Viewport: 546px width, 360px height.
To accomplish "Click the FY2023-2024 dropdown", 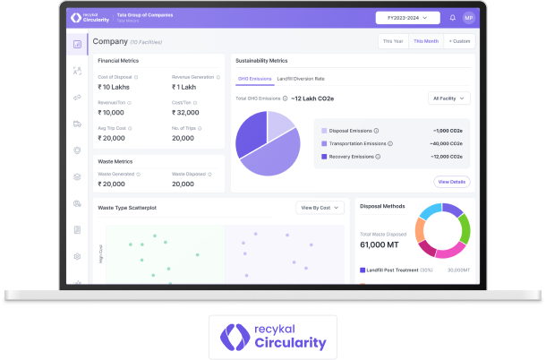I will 408,17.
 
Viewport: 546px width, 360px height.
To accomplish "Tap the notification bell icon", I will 452,17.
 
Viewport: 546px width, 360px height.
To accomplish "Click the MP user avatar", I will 468,17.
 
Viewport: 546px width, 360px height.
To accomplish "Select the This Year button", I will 393,41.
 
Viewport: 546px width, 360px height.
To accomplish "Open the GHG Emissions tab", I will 252,79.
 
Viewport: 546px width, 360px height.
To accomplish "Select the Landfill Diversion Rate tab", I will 300,79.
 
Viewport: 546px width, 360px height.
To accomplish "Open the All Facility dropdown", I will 449,99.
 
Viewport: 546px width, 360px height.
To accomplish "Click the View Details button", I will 451,182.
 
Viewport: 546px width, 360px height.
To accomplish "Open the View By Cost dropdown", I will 320,208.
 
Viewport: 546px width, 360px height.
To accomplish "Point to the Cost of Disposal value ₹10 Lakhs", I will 114,87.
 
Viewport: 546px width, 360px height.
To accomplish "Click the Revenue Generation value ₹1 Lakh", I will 186,87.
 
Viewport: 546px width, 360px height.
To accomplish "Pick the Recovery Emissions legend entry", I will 350,157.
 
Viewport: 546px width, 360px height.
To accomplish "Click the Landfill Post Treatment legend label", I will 396,269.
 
